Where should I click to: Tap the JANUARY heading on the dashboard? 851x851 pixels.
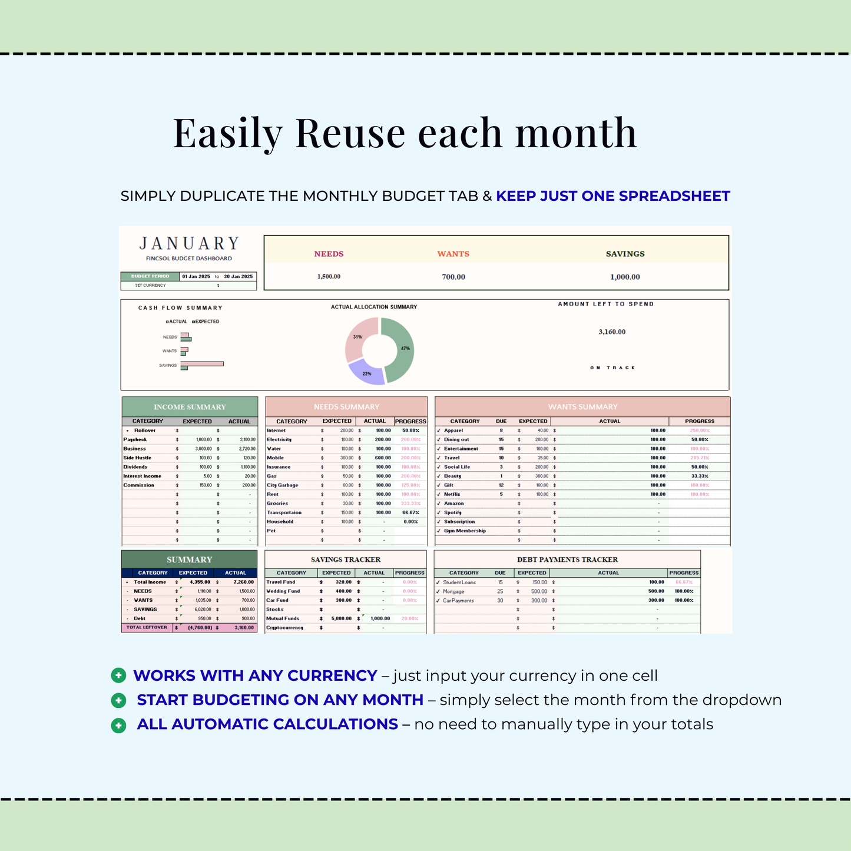[x=189, y=244]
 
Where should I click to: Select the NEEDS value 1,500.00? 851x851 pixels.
[x=329, y=277]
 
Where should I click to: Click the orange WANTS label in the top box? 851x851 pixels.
[x=453, y=254]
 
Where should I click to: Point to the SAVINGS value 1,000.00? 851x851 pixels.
[x=625, y=277]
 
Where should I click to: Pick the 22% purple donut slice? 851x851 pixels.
[x=366, y=374]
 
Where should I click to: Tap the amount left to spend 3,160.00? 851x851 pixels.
[x=612, y=332]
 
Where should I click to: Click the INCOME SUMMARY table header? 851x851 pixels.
[x=190, y=407]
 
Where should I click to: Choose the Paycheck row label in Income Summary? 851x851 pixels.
[x=135, y=440]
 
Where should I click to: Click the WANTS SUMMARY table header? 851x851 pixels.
[x=582, y=407]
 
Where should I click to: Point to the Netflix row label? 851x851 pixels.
[x=452, y=495]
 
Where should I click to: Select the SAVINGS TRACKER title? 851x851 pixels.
[x=346, y=559]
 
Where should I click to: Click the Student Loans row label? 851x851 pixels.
[x=459, y=582]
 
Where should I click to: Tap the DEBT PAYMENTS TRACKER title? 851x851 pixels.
[x=567, y=559]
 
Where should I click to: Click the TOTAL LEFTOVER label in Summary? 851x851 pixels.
[x=147, y=628]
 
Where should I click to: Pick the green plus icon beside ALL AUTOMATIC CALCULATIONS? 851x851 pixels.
[x=118, y=725]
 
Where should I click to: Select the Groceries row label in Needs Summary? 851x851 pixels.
[x=277, y=504]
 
